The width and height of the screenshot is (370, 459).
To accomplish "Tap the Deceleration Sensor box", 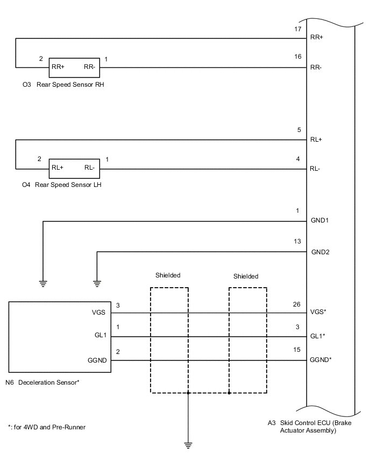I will click(x=61, y=337).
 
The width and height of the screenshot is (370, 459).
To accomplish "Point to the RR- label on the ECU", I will click(x=316, y=68).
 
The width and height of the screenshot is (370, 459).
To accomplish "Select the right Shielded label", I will click(x=246, y=276).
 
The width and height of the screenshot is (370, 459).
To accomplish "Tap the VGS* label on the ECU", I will click(x=318, y=312).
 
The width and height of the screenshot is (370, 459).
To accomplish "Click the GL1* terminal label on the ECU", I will click(x=318, y=336).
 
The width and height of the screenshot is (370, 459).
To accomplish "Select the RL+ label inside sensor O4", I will click(x=58, y=168).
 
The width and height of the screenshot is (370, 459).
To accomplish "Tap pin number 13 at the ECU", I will click(x=298, y=241).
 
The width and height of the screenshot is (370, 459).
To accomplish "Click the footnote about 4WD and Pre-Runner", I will click(x=47, y=427).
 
